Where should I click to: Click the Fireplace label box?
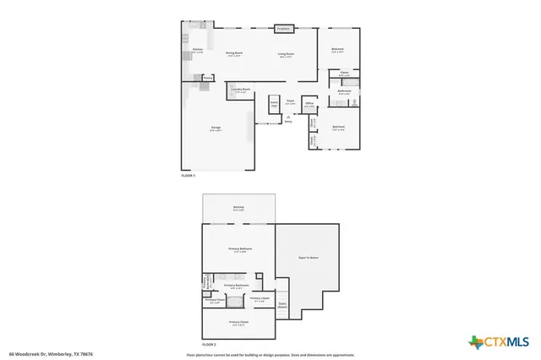[284, 29]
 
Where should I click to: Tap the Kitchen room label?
[197, 51]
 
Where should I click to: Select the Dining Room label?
[234, 53]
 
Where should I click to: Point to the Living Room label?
[287, 54]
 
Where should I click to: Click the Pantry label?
[207, 78]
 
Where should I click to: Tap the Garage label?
[216, 128]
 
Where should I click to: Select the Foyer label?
[290, 102]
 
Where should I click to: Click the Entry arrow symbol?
[288, 117]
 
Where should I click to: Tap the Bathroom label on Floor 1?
[345, 91]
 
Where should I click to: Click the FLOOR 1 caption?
[189, 175]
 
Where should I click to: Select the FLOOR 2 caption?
[208, 346]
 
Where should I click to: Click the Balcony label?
[239, 207]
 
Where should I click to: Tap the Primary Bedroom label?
[240, 248]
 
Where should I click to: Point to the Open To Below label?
[308, 257]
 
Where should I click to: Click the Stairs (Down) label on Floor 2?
[282, 306]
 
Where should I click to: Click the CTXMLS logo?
[499, 341]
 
